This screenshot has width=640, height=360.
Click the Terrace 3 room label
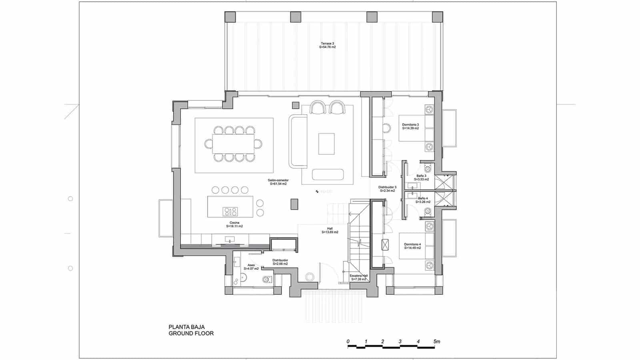(327, 45)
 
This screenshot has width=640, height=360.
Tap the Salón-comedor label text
(278, 182)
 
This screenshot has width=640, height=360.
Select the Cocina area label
(234, 224)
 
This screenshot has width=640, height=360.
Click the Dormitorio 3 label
(410, 126)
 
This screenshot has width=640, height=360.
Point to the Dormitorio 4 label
(412, 246)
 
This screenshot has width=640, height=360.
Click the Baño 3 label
(422, 178)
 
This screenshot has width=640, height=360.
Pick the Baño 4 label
(422, 200)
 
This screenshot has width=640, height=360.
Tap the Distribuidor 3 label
(387, 189)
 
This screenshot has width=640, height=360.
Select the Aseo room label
(251, 267)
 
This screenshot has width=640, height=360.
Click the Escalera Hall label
(358, 277)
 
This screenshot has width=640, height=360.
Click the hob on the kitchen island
(230, 212)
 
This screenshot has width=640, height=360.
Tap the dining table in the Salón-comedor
(233, 144)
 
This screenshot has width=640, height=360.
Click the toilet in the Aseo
(267, 279)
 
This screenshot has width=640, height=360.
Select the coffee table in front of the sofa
(326, 144)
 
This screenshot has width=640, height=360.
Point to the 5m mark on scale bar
(436, 342)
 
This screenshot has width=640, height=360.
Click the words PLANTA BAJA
(186, 327)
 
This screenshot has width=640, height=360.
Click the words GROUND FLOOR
(191, 333)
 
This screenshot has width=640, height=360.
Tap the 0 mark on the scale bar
(348, 342)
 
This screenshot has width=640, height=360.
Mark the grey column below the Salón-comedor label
(294, 204)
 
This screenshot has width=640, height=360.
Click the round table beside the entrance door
(309, 276)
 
